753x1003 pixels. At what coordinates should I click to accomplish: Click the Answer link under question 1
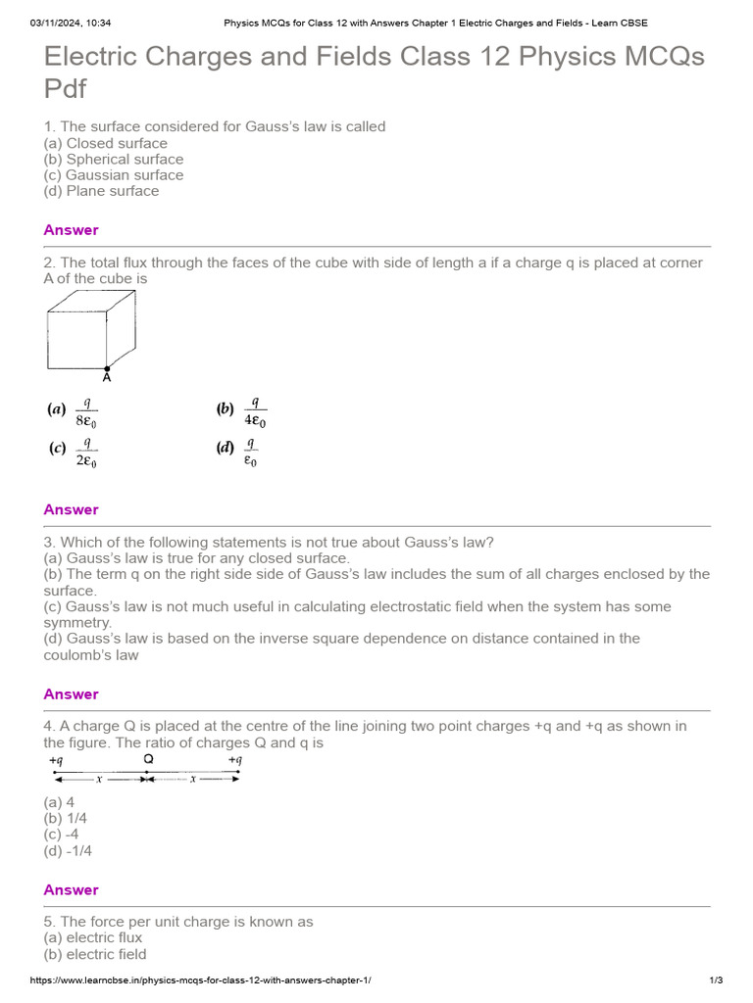coord(71,230)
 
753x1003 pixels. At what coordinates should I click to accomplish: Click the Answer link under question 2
coord(71,509)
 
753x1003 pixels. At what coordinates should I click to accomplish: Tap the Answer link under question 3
coord(71,694)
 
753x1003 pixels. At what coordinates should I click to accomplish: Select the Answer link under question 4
coord(71,890)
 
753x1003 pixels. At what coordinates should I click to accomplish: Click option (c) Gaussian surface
coord(114,175)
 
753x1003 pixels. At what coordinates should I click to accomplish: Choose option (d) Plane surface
coord(101,191)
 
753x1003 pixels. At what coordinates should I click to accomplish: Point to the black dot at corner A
coord(107,368)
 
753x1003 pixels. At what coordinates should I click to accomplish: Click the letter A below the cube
coord(107,378)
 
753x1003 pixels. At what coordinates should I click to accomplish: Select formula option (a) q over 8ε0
coord(75,412)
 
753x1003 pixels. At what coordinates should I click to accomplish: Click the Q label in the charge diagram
coord(148,759)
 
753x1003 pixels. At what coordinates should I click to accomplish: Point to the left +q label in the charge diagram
coord(56,760)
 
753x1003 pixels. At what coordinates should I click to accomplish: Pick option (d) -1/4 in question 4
coord(68,850)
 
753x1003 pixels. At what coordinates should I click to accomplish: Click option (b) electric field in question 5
coord(95,954)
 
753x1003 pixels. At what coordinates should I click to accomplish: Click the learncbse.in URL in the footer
coord(201,980)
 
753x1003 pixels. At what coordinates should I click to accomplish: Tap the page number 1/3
coord(716,980)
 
